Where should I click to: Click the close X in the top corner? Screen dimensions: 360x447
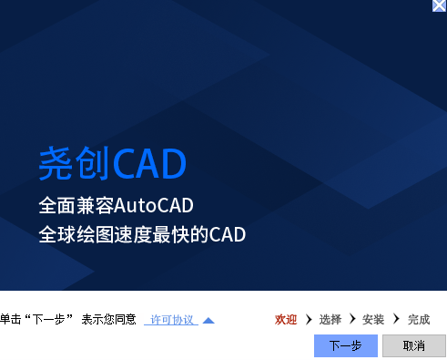point(439,5)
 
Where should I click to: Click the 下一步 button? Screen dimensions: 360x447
point(345,345)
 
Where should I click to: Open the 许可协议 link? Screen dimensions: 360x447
point(172,320)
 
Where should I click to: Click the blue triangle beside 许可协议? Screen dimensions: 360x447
point(208,320)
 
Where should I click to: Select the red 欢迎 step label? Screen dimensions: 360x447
point(286,320)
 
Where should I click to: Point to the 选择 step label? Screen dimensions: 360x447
point(330,320)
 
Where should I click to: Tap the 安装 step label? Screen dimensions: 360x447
point(373,320)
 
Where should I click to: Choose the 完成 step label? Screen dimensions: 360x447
point(419,320)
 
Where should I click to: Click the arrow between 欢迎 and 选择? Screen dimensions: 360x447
point(309,320)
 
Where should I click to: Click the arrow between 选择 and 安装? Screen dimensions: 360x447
point(352,320)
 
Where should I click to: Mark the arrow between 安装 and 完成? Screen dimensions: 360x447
point(396,320)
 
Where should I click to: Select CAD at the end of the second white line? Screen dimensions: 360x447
point(228,234)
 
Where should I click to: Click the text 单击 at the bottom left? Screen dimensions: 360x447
point(10,320)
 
